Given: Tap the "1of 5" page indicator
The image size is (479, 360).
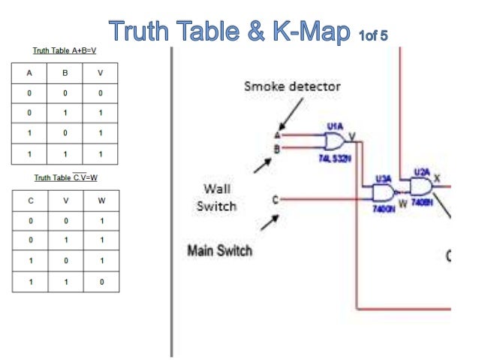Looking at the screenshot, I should pyautogui.click(x=372, y=34).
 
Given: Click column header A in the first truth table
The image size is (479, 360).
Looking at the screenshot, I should pyautogui.click(x=29, y=74).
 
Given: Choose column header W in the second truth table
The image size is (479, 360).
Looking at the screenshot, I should pyautogui.click(x=101, y=201).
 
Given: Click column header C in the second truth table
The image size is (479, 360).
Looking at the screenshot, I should pyautogui.click(x=29, y=201).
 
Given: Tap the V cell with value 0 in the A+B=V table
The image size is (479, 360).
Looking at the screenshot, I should pyautogui.click(x=101, y=93).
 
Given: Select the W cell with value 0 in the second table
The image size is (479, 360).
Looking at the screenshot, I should pyautogui.click(x=101, y=283).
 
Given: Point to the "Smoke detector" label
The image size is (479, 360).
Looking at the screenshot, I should pyautogui.click(x=292, y=86).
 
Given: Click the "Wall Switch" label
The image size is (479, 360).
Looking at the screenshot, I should pyautogui.click(x=216, y=197).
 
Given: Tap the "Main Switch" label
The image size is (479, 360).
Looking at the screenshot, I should pyautogui.click(x=219, y=250).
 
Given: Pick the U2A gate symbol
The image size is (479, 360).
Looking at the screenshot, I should pyautogui.click(x=422, y=186).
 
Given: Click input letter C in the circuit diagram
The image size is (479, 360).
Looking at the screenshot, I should pyautogui.click(x=276, y=199).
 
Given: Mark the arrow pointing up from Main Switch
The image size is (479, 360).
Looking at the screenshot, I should pyautogui.click(x=269, y=224).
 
